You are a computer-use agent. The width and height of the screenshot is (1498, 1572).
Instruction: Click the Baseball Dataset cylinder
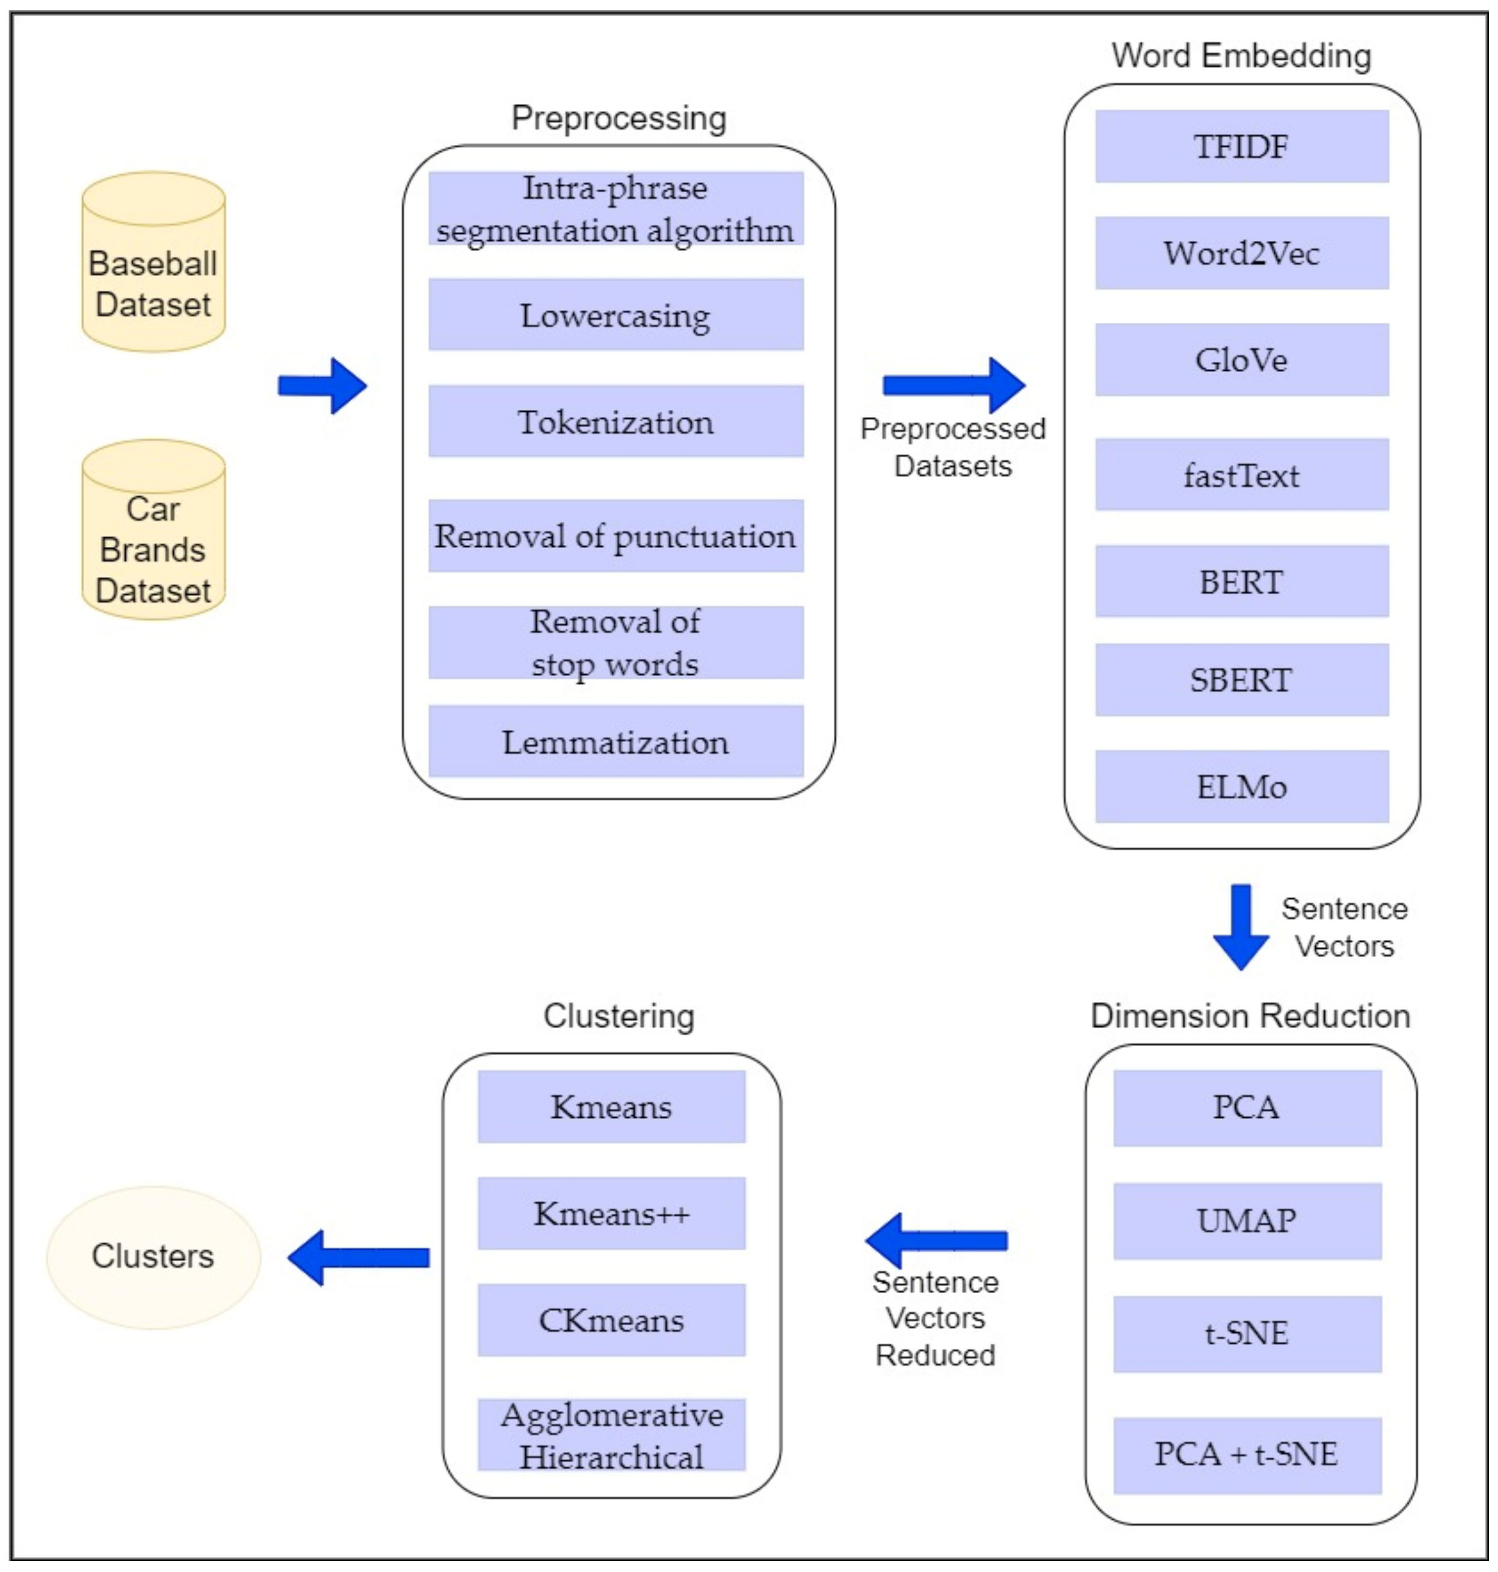153,263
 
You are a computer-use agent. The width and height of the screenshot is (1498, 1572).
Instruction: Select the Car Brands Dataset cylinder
153,531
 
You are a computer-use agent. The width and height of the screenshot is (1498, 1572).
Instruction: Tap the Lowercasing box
616,314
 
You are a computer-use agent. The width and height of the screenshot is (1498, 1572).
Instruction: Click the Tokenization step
616,421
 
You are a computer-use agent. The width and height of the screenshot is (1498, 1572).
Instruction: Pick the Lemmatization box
616,742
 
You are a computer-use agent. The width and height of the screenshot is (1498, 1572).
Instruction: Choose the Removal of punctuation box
616,535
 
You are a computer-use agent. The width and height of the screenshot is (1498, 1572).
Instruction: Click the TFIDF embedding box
1242,147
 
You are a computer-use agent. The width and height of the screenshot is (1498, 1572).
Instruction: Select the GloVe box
1242,360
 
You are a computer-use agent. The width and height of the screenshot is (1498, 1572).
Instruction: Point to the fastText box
1242,475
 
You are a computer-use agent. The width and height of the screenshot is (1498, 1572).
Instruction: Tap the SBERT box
1242,680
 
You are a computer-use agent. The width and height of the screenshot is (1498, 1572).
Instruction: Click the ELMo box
1242,787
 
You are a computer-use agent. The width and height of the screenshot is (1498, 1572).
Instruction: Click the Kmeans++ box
612,1213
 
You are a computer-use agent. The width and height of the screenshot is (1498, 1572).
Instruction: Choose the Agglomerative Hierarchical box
612,1436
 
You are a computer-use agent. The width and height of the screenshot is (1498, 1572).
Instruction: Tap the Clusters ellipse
153,1257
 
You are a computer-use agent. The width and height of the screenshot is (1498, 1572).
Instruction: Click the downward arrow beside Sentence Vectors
1241,926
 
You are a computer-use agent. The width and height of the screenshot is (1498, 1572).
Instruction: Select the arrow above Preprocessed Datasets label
954,386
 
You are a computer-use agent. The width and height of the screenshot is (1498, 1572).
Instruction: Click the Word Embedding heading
1242,56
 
